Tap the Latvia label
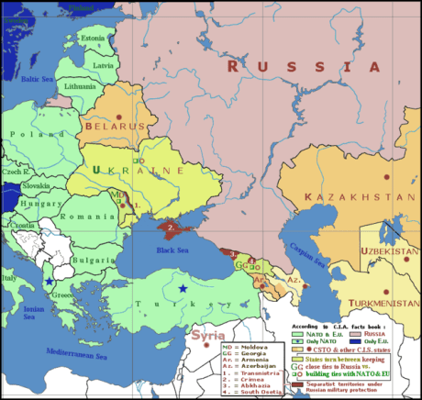(x=104, y=65)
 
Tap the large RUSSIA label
(x=303, y=67)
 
